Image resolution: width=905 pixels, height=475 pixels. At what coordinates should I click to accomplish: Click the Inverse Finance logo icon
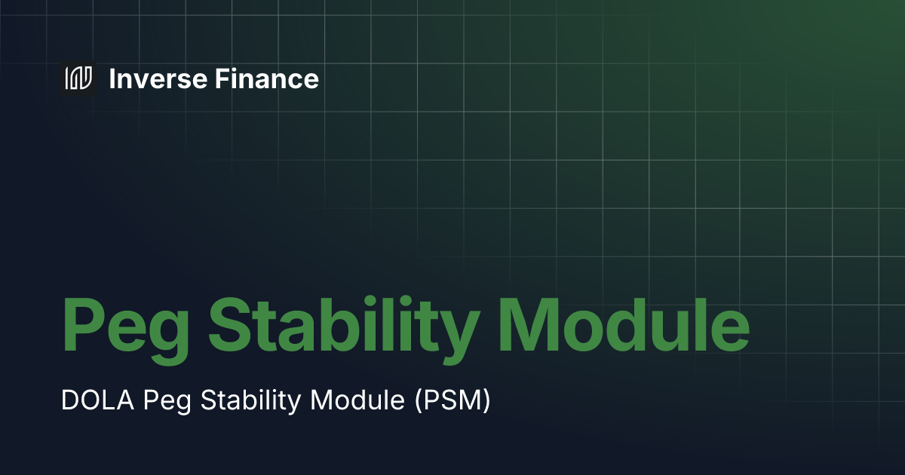[x=78, y=78]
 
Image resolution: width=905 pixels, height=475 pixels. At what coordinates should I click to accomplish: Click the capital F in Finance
[x=221, y=78]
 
